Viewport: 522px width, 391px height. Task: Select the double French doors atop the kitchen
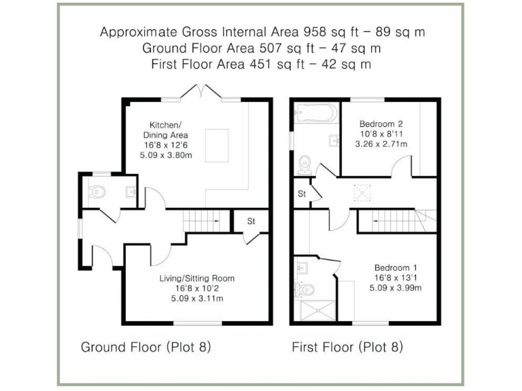(201, 92)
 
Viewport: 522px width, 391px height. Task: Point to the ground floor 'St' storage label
(250, 221)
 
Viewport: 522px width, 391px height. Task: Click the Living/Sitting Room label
(196, 278)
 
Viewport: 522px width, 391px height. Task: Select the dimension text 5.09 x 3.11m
(196, 298)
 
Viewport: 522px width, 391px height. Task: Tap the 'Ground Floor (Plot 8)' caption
(145, 348)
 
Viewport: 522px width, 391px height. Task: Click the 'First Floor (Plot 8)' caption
(347, 348)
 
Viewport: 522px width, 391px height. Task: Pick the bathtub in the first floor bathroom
(315, 112)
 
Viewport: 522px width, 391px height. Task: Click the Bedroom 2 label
(381, 124)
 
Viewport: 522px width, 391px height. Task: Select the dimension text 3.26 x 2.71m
(381, 144)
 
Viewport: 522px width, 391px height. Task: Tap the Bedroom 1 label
(394, 267)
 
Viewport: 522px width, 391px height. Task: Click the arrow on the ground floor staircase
(216, 221)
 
